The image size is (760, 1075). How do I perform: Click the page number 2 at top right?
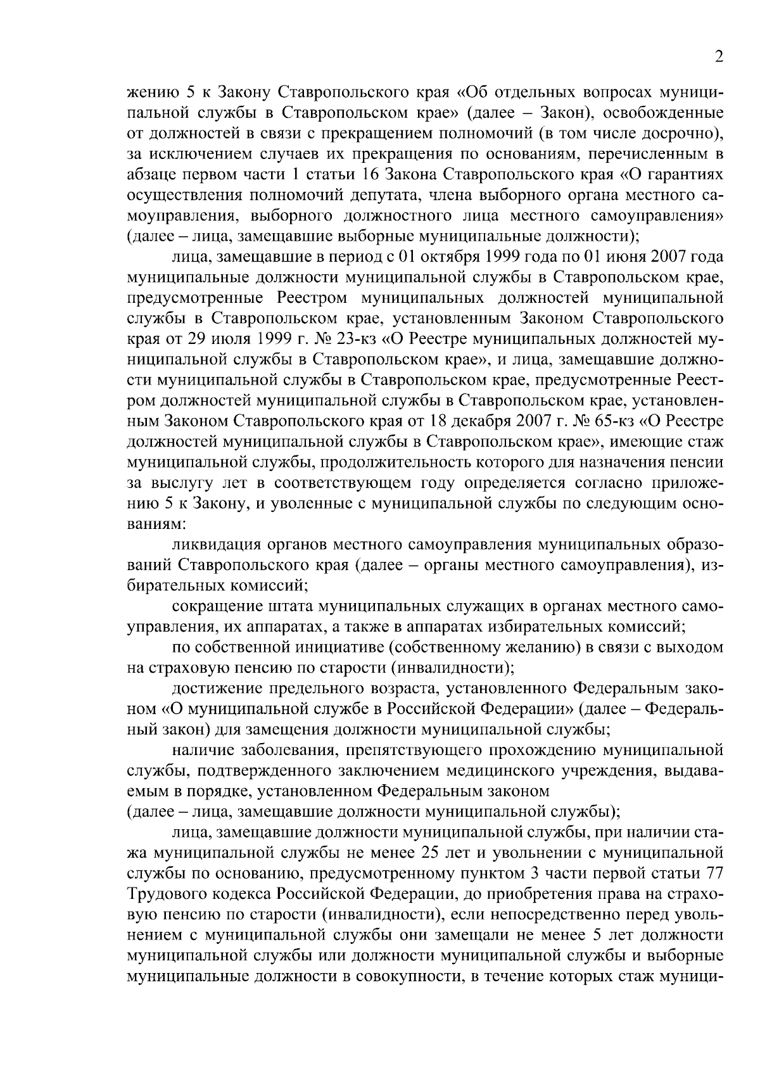(x=719, y=57)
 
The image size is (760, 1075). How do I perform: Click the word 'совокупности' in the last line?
(x=405, y=976)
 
